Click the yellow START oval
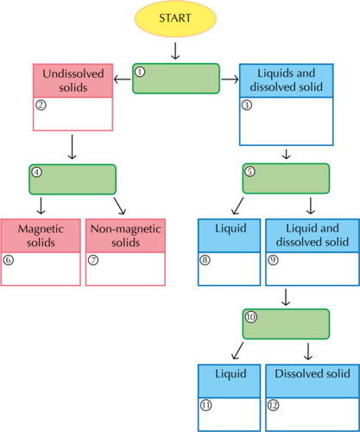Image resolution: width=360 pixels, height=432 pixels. point(175,18)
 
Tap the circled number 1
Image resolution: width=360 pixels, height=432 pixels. point(140,72)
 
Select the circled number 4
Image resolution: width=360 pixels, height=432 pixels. point(36,172)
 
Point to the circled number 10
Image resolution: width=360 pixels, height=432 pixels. point(251,317)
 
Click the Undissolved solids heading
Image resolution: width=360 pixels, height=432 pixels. point(73,80)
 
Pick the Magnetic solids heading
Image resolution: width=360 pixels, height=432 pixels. point(41,236)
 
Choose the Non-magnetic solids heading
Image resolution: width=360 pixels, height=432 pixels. point(126,236)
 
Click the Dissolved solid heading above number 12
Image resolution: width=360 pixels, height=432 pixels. point(313,373)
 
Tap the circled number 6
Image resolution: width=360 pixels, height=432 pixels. point(9,260)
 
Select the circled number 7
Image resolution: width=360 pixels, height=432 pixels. point(93,260)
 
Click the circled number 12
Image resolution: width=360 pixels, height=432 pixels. point(273,405)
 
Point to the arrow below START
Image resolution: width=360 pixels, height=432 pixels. point(175,51)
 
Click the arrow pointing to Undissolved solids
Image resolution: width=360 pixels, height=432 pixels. point(123,79)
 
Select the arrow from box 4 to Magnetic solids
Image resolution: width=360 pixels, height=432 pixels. point(41,206)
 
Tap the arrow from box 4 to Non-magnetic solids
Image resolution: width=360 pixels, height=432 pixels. point(120,206)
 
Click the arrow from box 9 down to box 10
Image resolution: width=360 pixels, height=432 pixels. point(286,297)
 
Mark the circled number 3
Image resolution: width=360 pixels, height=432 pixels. point(247,105)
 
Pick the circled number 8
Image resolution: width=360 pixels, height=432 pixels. point(205,260)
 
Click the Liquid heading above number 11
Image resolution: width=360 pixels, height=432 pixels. point(231,373)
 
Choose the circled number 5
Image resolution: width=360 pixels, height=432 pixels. point(249,172)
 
